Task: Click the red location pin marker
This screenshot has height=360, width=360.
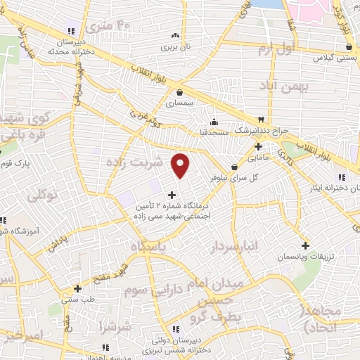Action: (x=181, y=165)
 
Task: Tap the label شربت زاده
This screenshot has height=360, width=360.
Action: (x=134, y=162)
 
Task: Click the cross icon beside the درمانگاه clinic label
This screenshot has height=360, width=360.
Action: (x=172, y=194)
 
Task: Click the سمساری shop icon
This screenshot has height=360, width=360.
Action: (x=180, y=91)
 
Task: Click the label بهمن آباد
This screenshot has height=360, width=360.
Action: (x=288, y=87)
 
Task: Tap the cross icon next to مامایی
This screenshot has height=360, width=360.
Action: (x=259, y=147)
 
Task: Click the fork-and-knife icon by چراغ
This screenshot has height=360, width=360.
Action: (x=262, y=120)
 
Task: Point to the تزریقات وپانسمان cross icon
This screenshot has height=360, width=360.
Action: (x=305, y=245)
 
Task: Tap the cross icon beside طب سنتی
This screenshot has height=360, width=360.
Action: (x=77, y=288)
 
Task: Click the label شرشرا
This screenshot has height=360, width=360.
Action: (x=115, y=327)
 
